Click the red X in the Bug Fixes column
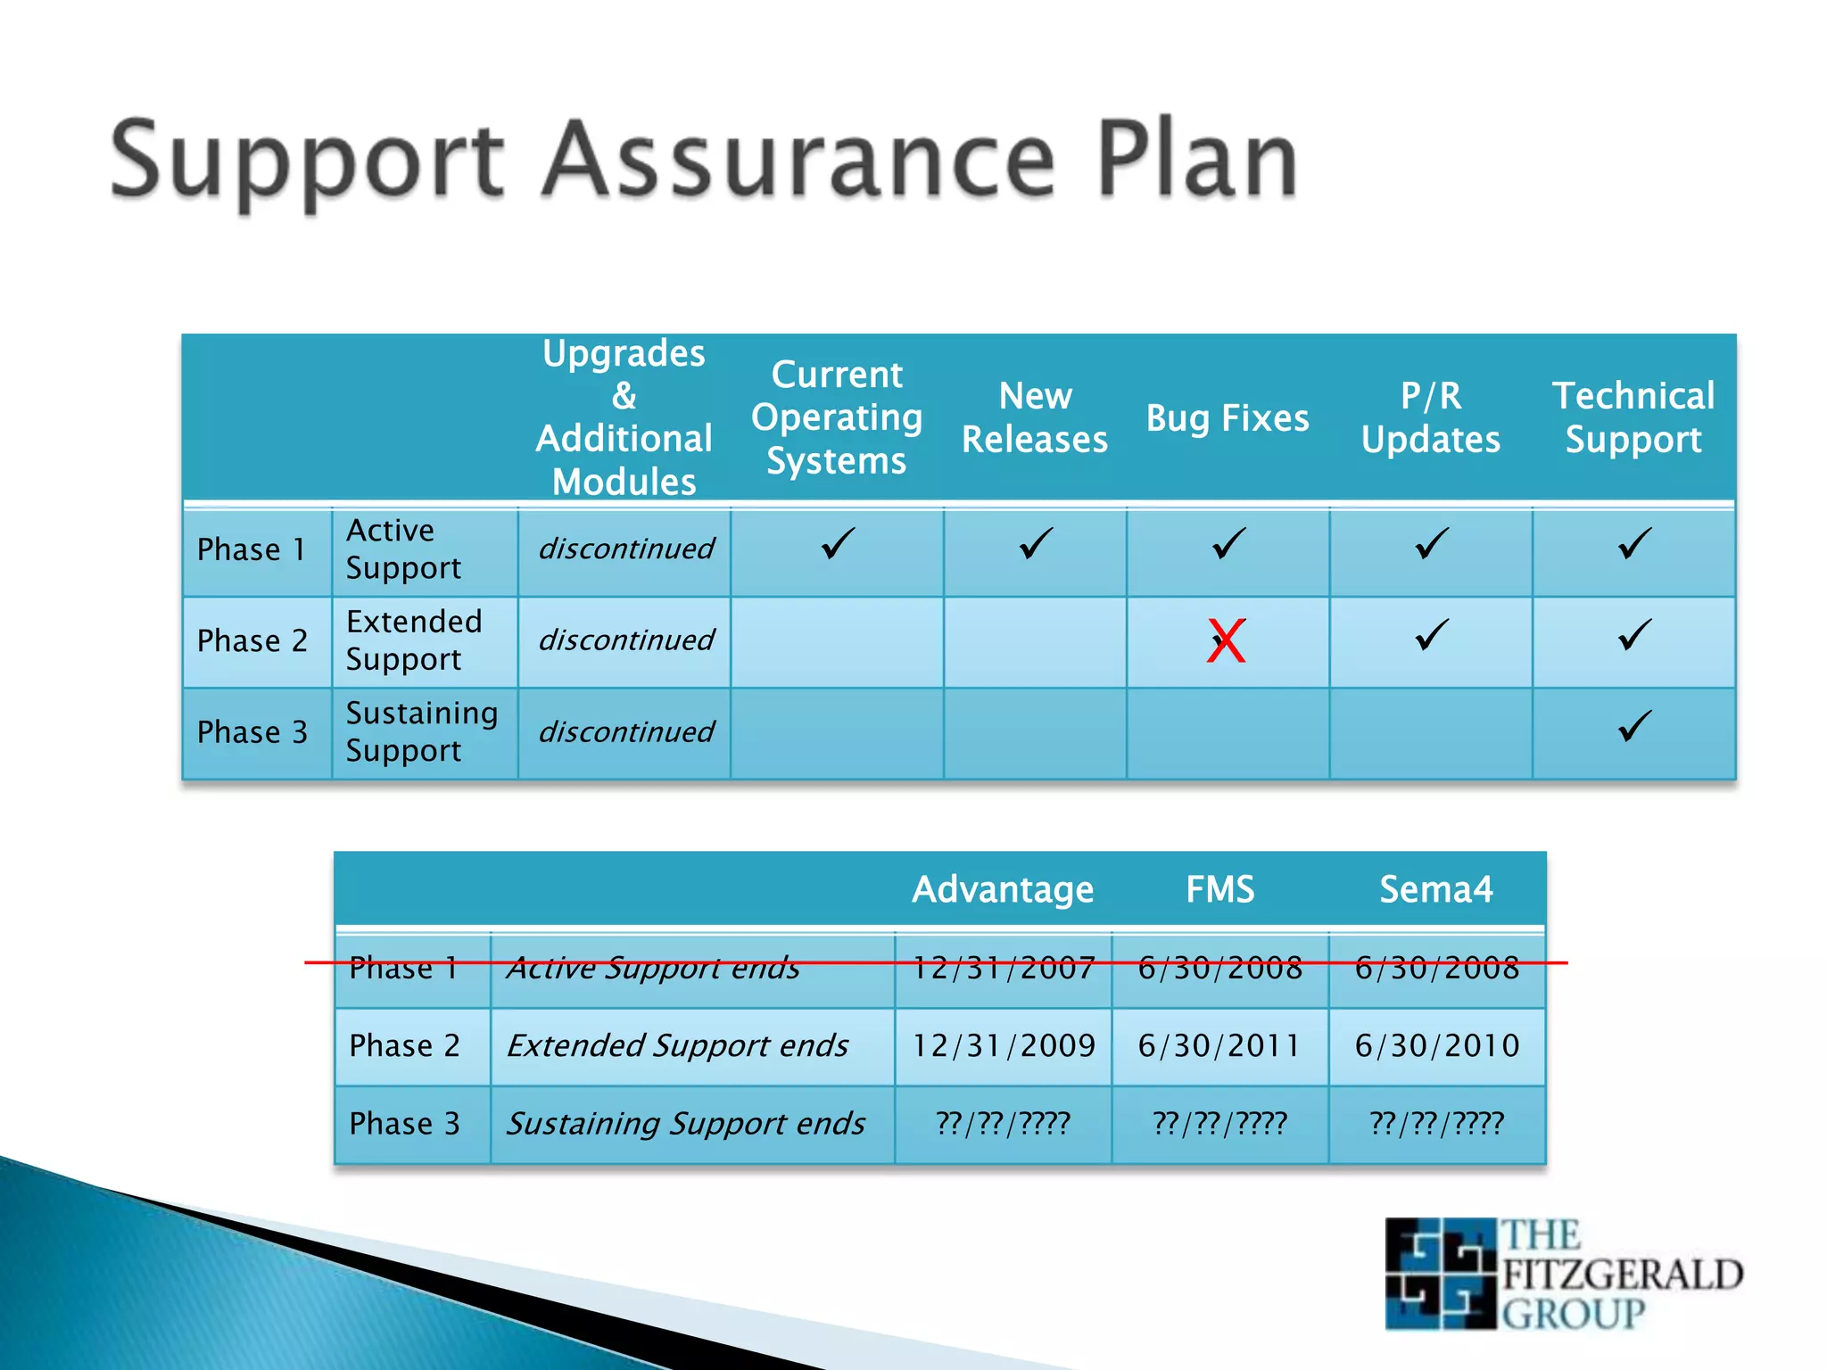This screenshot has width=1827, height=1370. (1227, 641)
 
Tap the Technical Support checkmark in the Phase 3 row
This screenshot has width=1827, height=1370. (1634, 727)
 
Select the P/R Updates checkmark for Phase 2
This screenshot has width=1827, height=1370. (1431, 636)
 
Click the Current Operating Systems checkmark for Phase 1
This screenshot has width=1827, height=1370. (837, 544)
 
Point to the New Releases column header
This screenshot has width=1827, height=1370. (1035, 417)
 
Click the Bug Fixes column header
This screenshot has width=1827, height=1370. (1228, 418)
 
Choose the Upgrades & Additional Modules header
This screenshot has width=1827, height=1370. (624, 417)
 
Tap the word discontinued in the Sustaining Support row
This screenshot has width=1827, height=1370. (625, 732)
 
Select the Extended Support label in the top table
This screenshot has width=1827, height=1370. (414, 640)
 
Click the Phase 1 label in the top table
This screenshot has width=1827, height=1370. (252, 549)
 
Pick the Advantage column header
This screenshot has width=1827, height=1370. (1003, 889)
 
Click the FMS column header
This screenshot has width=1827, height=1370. (1219, 889)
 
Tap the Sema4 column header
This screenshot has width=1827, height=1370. (1435, 889)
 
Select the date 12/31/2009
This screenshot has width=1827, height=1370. (1003, 1045)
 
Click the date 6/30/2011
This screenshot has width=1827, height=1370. (1219, 1045)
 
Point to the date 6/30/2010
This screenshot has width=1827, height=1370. (1436, 1045)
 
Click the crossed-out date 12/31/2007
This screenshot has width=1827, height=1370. (1003, 968)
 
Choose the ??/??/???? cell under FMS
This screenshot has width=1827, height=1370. (1219, 1123)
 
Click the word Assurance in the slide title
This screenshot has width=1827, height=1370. (799, 161)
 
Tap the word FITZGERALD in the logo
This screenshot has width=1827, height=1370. (1623, 1275)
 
